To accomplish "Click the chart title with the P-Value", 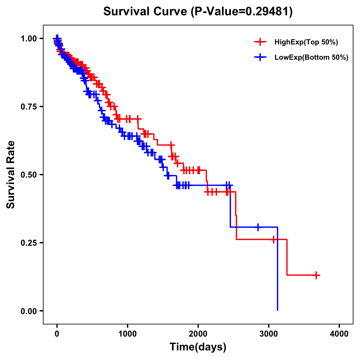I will click(x=198, y=11).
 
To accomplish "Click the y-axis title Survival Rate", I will click(x=11, y=174).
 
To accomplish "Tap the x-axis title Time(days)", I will click(x=198, y=347).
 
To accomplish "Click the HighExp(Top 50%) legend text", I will click(x=306, y=42).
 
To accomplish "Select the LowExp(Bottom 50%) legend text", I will click(x=311, y=58).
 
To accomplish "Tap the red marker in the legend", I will click(x=260, y=42).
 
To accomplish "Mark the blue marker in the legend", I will click(x=260, y=57).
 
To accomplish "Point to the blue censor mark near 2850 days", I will click(x=258, y=227).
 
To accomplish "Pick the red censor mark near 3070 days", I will click(x=273, y=239).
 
